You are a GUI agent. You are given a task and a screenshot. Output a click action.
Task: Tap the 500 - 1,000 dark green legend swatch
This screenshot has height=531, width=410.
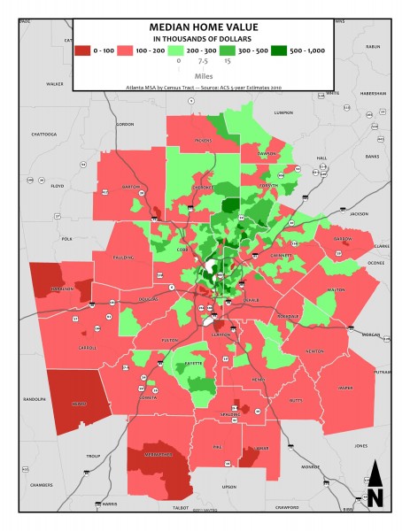point(281,50)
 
